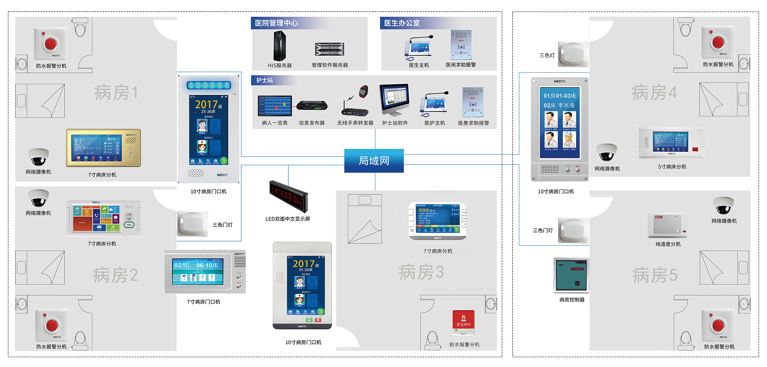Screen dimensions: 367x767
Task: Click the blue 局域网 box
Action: (374, 161)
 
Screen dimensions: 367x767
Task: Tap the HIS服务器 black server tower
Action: (279, 46)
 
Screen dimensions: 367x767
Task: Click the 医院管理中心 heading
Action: (276, 23)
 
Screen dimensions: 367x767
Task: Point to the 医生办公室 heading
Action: (402, 23)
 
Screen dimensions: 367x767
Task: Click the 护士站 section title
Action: (264, 80)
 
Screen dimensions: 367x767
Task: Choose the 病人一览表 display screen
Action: (274, 106)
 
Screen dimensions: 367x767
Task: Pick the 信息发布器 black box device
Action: (312, 105)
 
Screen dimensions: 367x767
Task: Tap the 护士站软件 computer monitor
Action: (394, 99)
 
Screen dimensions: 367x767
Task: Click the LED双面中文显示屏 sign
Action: (288, 196)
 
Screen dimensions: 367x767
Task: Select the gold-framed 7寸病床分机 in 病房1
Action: (103, 148)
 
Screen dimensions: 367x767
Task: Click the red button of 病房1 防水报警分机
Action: (51, 43)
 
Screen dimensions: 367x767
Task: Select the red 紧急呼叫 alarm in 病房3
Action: (463, 321)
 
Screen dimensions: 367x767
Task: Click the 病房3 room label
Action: (421, 272)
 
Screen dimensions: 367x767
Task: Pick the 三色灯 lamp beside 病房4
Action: (573, 54)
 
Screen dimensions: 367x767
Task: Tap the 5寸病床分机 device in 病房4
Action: (672, 143)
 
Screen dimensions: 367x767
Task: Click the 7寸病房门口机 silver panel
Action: (205, 272)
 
